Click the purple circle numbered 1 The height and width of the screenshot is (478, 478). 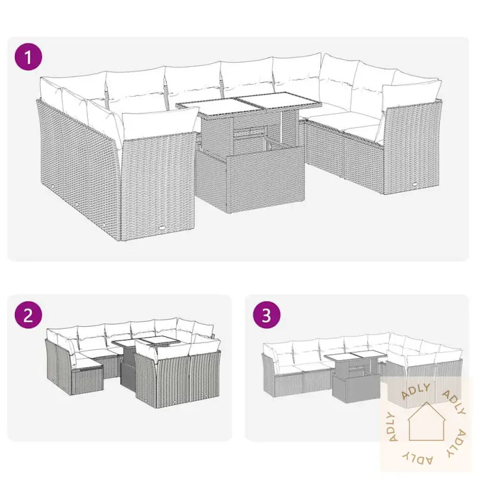click(x=28, y=57)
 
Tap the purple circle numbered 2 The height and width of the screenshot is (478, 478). click(x=28, y=315)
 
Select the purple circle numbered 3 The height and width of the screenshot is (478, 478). click(x=266, y=315)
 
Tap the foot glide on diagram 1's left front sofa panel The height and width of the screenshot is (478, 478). click(x=162, y=228)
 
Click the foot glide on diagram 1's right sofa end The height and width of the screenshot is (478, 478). click(x=415, y=184)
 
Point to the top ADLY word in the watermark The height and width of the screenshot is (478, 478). click(x=416, y=391)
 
